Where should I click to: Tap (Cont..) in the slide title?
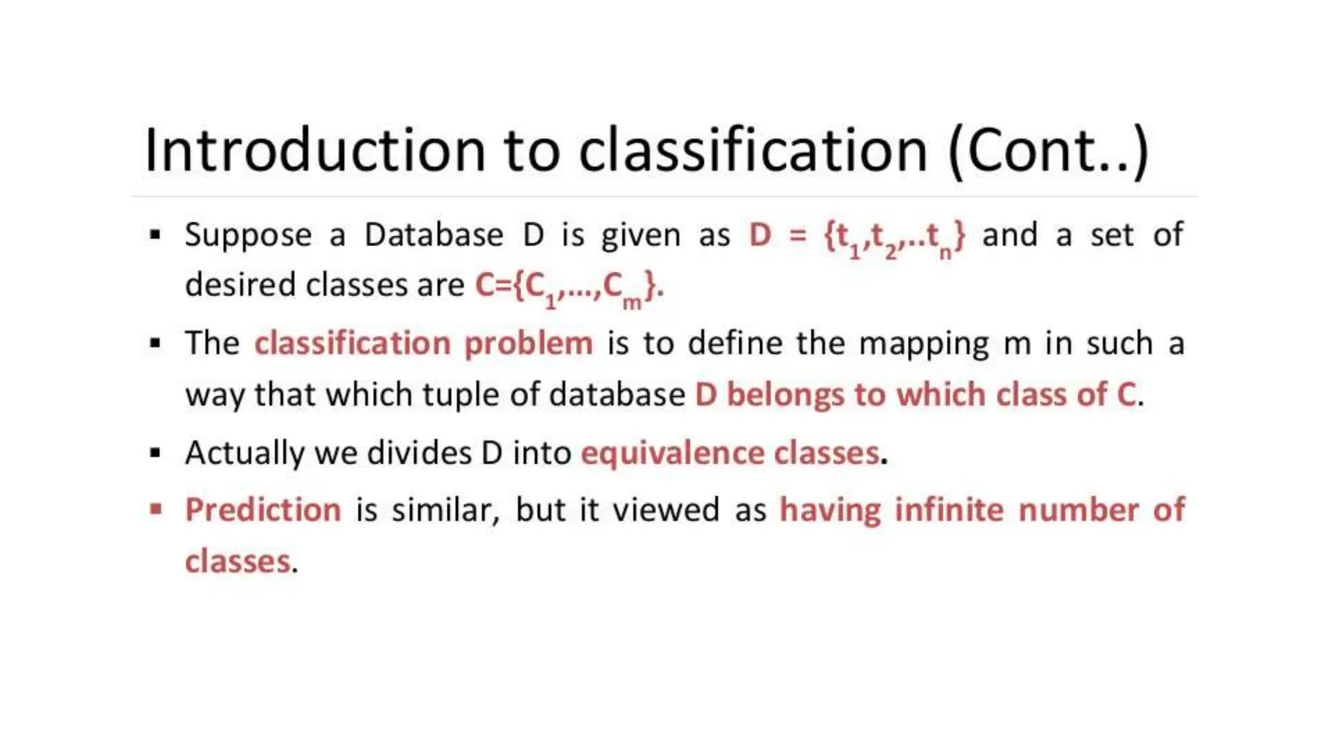1049,150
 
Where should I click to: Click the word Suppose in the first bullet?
248,235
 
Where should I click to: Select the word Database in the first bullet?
433,235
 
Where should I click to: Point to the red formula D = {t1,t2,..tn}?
857,236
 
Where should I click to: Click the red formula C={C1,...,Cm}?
569,287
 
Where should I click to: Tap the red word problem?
528,344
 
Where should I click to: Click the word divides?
419,452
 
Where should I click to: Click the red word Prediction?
263,510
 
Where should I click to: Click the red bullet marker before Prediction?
156,508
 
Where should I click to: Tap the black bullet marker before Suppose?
155,234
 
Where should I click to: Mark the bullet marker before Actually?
155,452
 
